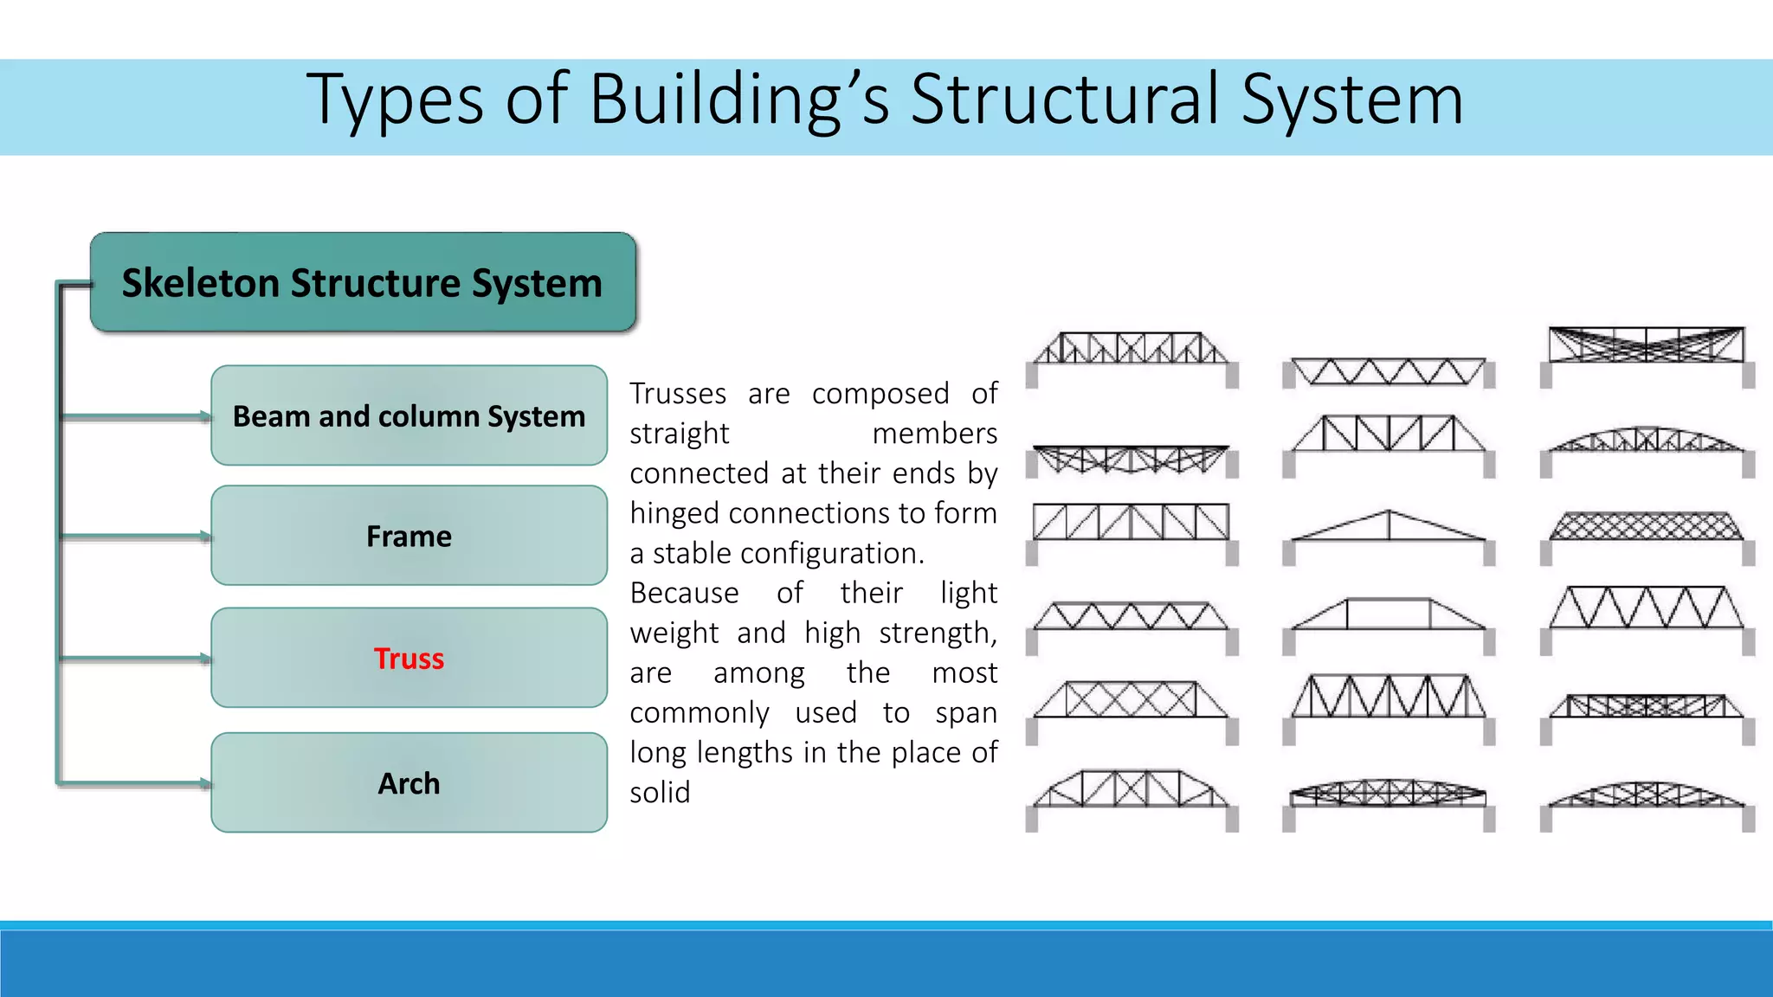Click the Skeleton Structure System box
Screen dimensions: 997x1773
coord(363,282)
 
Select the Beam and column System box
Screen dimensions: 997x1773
coord(409,415)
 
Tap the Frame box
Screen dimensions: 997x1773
coord(409,536)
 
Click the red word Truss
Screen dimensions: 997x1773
coord(409,659)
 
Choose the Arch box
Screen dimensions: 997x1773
coord(409,783)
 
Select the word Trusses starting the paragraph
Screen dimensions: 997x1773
coord(678,394)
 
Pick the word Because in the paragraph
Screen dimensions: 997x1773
coord(684,594)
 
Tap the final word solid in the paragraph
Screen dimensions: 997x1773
coord(660,793)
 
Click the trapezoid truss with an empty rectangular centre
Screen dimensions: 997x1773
coord(1388,614)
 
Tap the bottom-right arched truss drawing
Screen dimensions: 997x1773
coord(1646,794)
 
